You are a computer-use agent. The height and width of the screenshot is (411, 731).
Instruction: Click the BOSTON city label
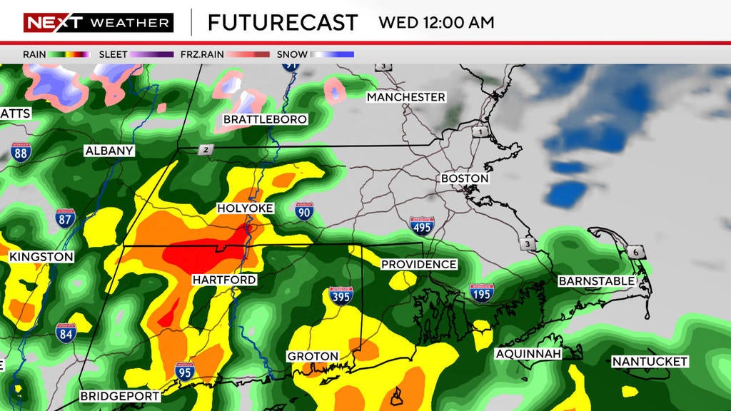click(465, 178)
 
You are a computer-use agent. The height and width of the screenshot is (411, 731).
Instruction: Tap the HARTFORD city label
click(224, 280)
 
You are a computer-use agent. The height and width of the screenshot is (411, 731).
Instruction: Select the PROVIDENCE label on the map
click(418, 265)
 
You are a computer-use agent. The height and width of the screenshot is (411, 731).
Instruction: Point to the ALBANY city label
click(109, 151)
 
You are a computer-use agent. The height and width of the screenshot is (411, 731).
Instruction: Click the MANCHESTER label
click(406, 97)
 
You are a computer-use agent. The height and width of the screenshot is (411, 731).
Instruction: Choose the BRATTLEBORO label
click(266, 119)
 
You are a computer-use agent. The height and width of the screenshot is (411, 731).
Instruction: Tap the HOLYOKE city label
click(246, 208)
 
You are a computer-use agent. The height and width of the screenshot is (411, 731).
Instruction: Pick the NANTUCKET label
click(650, 362)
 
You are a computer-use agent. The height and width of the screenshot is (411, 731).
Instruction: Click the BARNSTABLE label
click(596, 281)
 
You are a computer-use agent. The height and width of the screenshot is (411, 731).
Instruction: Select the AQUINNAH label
click(528, 354)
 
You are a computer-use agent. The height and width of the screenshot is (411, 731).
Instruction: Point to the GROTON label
click(312, 356)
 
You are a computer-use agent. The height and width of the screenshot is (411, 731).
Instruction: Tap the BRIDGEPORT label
click(119, 396)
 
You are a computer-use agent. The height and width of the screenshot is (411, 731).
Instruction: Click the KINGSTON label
click(41, 257)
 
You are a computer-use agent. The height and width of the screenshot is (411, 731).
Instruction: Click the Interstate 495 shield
click(422, 226)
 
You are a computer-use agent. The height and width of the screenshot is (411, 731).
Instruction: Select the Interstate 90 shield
click(305, 210)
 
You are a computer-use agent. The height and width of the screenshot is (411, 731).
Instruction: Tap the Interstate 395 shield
click(341, 295)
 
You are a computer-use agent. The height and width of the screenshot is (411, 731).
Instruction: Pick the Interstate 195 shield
click(482, 293)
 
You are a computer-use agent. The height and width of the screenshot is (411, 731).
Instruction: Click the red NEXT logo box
click(53, 23)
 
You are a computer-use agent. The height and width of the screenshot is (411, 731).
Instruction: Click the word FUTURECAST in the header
click(282, 22)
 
